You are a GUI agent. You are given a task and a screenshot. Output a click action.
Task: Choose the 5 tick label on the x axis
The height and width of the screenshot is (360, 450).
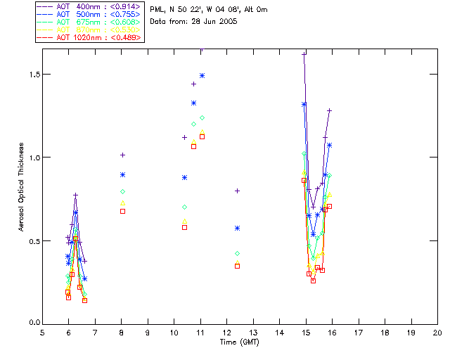tap(42, 332)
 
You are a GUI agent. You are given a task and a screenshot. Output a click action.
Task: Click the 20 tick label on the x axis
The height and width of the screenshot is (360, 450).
tap(437, 332)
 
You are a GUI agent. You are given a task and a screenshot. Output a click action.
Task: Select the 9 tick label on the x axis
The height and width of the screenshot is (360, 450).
tap(148, 332)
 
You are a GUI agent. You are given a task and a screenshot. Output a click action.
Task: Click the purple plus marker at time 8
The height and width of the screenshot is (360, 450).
tap(122, 155)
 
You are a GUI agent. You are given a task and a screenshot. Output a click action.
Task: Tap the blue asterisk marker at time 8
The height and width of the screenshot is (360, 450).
tap(122, 175)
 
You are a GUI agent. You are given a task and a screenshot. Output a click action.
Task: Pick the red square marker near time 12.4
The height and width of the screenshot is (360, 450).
tap(237, 266)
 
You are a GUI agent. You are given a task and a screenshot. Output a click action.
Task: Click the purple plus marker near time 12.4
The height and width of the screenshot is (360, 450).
tap(237, 191)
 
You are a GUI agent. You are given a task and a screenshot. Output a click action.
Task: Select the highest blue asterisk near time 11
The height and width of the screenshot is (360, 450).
tap(202, 75)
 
